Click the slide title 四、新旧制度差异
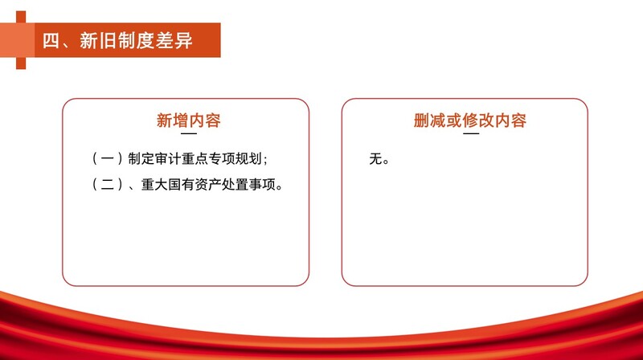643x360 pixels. (117, 41)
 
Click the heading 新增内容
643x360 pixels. (189, 121)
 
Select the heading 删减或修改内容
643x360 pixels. (470, 121)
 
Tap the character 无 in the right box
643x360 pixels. (375, 158)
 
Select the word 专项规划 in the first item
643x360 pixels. (235, 158)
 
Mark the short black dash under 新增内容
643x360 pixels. (189, 133)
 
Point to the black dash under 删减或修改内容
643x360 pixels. (471, 133)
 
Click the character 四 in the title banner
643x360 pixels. (51, 41)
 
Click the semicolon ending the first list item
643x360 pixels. (265, 160)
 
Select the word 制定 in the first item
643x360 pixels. (141, 158)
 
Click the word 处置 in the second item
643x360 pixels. (235, 185)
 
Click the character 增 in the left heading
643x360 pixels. (180, 121)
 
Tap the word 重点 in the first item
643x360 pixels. (195, 158)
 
